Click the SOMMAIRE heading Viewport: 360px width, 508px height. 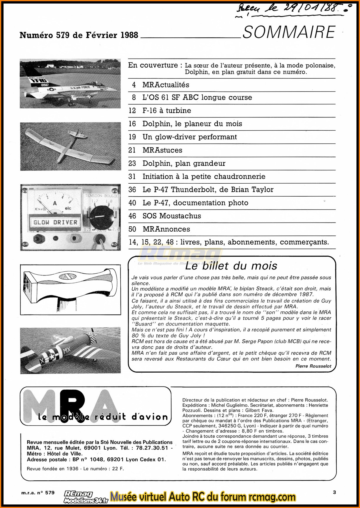pyautogui.click(x=289, y=32)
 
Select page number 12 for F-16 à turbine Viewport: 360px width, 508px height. pyautogui.click(x=132, y=111)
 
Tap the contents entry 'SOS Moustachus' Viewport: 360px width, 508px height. pyautogui.click(x=172, y=216)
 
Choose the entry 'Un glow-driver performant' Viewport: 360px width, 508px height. pyautogui.click(x=190, y=137)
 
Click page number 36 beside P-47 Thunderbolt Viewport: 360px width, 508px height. pyautogui.click(x=132, y=190)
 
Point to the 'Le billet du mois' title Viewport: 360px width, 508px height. pyautogui.click(x=231, y=266)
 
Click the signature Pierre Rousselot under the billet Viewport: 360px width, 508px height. pyautogui.click(x=313, y=366)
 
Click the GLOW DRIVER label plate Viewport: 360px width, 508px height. pyautogui.click(x=55, y=222)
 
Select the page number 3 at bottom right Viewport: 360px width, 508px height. pyautogui.click(x=334, y=492)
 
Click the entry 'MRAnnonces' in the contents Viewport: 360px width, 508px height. pyautogui.click(x=166, y=229)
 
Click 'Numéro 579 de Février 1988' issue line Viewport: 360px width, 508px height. pyautogui.click(x=79, y=35)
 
